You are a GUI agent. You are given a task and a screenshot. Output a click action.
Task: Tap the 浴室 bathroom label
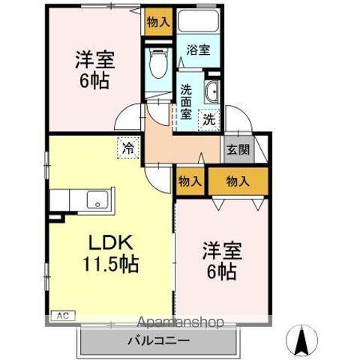coord(199,51)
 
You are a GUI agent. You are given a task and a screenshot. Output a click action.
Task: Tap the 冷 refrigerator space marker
coord(128,148)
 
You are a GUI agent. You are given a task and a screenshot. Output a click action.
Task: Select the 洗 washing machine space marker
coord(209,118)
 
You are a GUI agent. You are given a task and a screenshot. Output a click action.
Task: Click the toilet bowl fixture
coord(158,64)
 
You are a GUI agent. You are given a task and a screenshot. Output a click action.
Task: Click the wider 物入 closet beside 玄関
coord(237,180)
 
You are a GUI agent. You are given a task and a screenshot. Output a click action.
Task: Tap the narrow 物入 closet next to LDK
coord(190,180)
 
